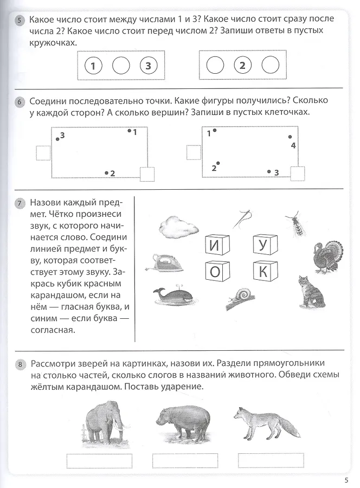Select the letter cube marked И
[217, 245]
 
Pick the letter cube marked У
[265, 245]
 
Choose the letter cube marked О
[217, 271]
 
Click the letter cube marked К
[265, 271]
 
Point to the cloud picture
[178, 226]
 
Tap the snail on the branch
[240, 298]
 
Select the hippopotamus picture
[183, 423]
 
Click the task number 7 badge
[20, 203]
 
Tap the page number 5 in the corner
[346, 480]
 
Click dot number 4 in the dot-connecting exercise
[290, 137]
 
